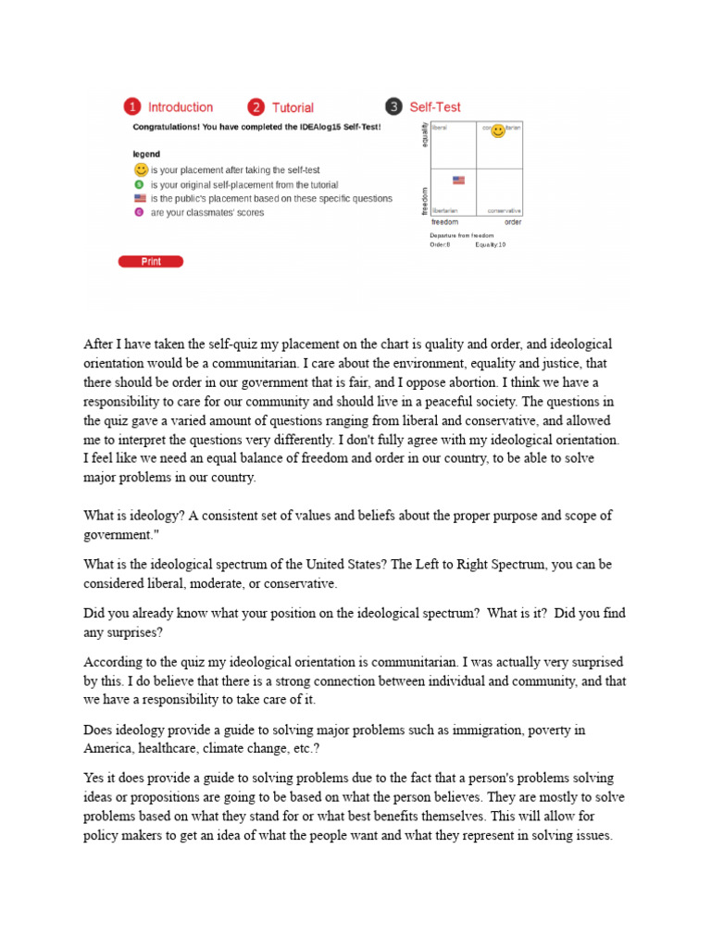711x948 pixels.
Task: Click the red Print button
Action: pos(151,262)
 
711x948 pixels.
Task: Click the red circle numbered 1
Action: pos(133,107)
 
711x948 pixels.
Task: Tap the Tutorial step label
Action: pos(293,107)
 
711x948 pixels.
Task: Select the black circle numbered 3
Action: pos(393,107)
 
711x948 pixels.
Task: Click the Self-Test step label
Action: pos(435,107)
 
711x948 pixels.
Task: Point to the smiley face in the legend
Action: pos(141,169)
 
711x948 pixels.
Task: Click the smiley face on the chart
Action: pos(498,131)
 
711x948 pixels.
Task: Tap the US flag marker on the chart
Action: pos(458,180)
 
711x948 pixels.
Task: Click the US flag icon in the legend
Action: pos(140,198)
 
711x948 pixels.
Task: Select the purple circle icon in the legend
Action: pos(140,212)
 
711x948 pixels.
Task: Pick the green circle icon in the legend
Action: pos(140,184)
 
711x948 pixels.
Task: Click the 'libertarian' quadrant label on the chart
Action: pos(445,211)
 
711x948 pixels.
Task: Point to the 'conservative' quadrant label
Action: pos(504,211)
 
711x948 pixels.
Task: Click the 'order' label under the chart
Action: pos(512,222)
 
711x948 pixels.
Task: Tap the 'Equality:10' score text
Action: pos(491,244)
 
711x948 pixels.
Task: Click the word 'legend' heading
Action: pos(146,154)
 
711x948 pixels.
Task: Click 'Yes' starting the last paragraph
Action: pos(94,779)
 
